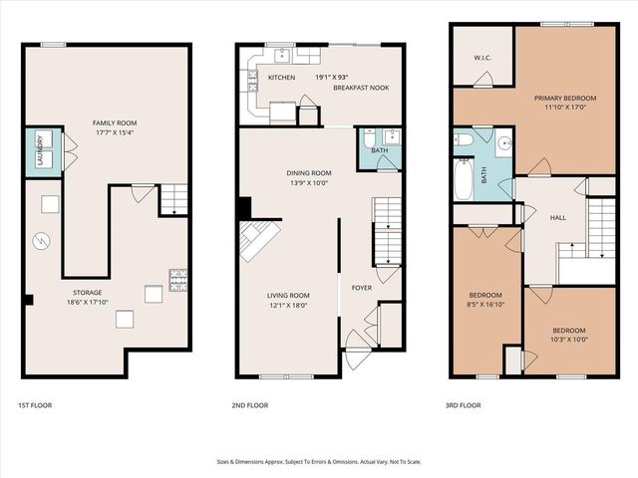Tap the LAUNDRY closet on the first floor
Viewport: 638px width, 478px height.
[x=45, y=151]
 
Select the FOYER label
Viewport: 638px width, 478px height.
[x=361, y=288]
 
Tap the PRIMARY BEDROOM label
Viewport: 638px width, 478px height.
[x=564, y=98]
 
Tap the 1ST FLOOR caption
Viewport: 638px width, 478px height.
[x=35, y=406]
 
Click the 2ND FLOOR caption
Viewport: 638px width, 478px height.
[x=249, y=406]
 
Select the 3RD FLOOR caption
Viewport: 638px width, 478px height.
[x=464, y=406]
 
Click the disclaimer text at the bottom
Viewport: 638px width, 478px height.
[x=319, y=461]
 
